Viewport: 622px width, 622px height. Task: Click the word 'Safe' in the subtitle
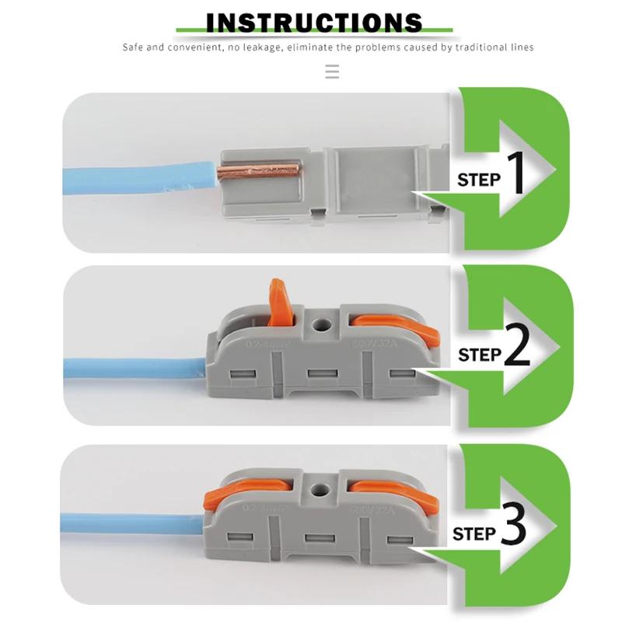[x=134, y=47]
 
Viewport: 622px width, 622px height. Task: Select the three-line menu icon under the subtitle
[x=332, y=72]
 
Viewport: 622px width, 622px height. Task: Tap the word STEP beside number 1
[x=478, y=180]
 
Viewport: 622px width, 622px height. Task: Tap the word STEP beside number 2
[x=479, y=355]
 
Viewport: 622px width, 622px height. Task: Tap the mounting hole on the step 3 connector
[x=317, y=490]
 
